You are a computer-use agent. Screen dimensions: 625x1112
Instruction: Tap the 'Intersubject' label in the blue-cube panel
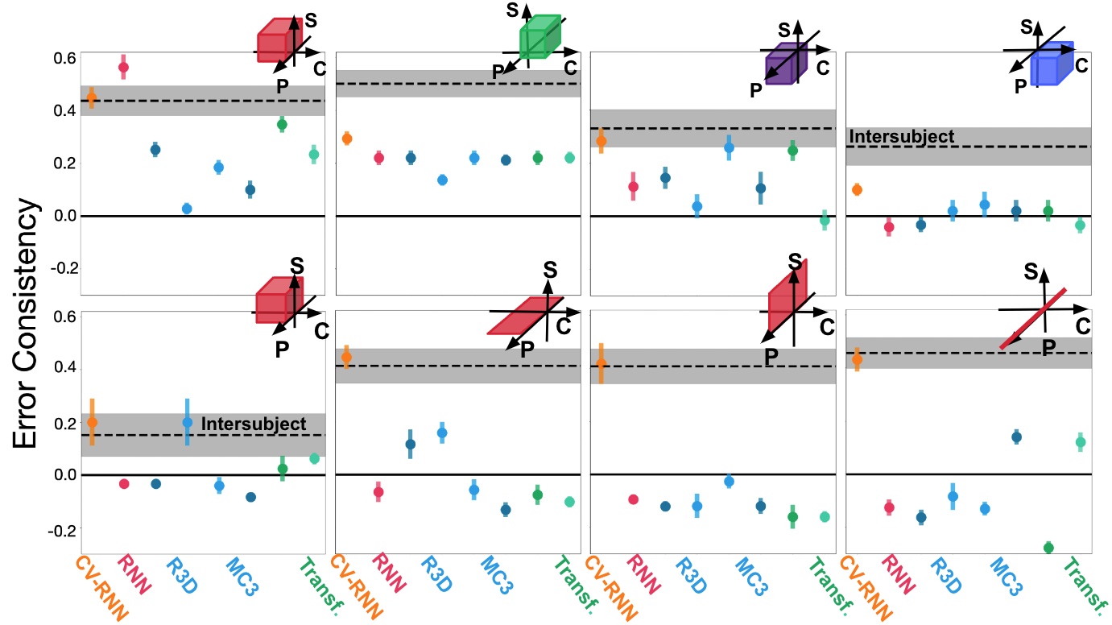902,137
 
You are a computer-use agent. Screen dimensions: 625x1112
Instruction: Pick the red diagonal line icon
1034,318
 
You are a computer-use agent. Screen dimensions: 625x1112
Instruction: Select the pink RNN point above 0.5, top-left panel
123,68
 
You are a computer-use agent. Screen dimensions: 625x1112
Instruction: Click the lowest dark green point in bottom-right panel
1048,548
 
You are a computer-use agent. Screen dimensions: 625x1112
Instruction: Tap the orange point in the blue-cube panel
857,190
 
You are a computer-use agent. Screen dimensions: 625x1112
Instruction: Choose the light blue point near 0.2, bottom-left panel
187,421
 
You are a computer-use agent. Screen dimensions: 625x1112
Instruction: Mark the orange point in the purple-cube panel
600,141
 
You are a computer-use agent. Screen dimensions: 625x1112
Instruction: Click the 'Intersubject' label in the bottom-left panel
253,423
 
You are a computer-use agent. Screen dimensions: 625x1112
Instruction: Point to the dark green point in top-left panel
282,124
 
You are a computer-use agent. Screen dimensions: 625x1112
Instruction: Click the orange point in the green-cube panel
346,139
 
